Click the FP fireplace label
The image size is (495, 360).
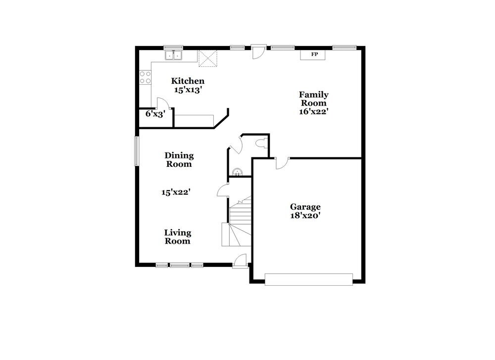[x=314, y=54]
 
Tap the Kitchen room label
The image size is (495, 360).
[x=188, y=81]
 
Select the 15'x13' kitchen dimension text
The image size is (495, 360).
[x=188, y=90]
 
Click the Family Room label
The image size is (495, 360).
[x=313, y=99]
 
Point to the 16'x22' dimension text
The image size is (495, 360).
[x=313, y=112]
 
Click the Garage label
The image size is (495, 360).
[x=305, y=206]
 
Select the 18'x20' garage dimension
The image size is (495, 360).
[x=305, y=215]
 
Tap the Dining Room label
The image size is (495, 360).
[x=179, y=159]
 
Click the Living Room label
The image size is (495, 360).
[x=178, y=237]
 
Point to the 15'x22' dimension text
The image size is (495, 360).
[x=176, y=192]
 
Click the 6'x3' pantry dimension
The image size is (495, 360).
[x=155, y=113]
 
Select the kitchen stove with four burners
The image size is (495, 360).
[x=145, y=77]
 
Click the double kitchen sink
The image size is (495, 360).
[x=173, y=55]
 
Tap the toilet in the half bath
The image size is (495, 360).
[x=261, y=144]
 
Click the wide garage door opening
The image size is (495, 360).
[x=309, y=279]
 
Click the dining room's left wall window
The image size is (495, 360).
[x=137, y=151]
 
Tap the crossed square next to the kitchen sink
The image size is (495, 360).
[x=208, y=58]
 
